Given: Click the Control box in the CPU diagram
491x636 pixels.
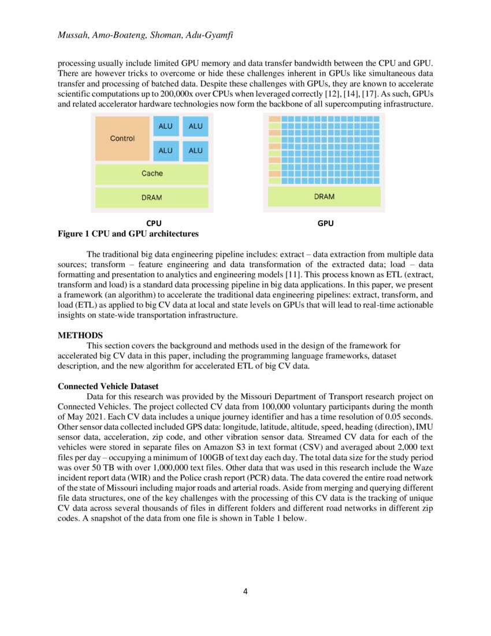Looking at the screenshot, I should point(122,139).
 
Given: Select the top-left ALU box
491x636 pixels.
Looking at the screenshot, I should point(165,126).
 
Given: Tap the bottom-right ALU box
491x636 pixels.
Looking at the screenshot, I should point(195,150).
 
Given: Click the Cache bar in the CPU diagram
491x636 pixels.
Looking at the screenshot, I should point(152,173).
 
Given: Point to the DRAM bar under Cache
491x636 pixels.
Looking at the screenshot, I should point(152,197).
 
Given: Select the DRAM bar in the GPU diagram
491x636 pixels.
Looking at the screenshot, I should point(324,197).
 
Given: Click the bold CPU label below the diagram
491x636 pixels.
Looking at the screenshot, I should point(154,223).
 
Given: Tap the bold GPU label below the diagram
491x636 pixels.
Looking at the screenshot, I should point(326,223).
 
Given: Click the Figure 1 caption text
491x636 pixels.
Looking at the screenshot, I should point(128,234).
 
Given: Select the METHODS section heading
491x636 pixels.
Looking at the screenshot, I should point(80,335).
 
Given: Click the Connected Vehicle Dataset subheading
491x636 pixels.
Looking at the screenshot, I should point(108,386).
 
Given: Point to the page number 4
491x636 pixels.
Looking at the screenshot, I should point(245,591).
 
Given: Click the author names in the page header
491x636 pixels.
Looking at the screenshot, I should point(147,36).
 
